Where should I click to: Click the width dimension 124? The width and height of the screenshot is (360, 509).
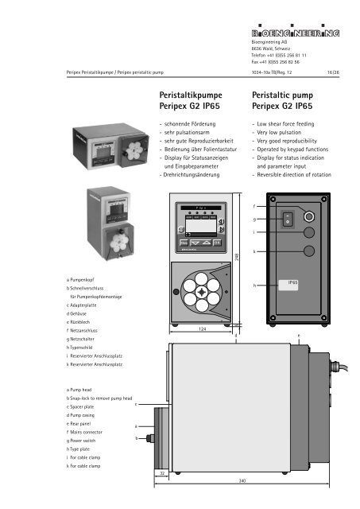[203, 328]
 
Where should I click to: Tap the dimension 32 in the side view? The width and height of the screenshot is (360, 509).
[161, 472]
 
